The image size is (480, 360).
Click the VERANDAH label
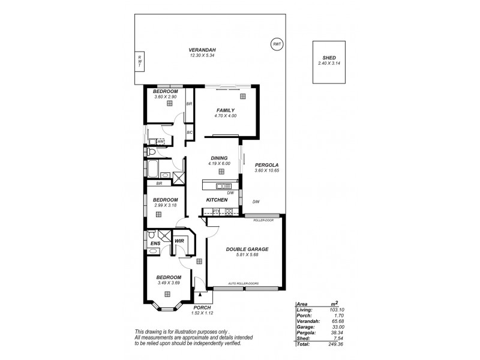click(x=202, y=50)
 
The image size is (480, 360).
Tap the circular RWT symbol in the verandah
click(x=276, y=45)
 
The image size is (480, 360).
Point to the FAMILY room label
click(x=225, y=110)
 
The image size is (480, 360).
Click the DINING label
click(x=219, y=158)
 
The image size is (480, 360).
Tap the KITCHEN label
click(x=216, y=199)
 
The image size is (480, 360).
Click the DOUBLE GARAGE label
click(x=247, y=248)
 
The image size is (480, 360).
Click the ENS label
click(x=155, y=243)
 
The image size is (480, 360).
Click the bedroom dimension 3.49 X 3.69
click(x=169, y=283)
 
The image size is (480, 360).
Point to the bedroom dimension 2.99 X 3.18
click(x=165, y=205)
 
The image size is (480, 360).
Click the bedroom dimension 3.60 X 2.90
click(x=165, y=96)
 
